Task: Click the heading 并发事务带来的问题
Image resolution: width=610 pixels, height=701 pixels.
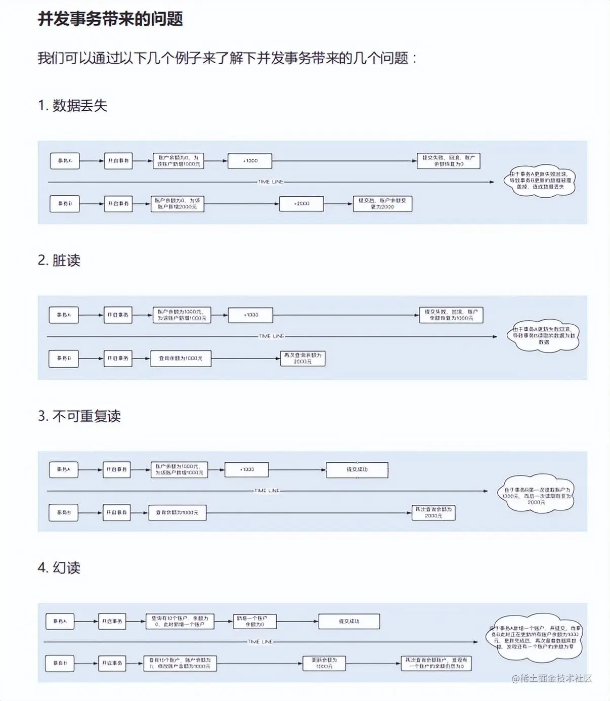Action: [x=110, y=19]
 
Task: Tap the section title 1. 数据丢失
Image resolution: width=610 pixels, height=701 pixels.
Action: [x=72, y=105]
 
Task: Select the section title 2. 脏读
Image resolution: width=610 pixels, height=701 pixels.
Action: [x=59, y=260]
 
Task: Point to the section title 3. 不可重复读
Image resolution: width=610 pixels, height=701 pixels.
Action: [x=79, y=416]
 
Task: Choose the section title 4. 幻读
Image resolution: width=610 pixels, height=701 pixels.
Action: [x=59, y=567]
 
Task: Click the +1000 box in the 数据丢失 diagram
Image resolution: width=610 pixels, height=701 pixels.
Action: [x=250, y=161]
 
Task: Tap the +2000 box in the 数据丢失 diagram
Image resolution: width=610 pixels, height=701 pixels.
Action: [x=301, y=203]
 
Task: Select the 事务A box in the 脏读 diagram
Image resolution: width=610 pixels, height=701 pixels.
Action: [x=64, y=315]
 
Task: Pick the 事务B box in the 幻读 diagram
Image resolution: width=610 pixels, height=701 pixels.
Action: [x=60, y=663]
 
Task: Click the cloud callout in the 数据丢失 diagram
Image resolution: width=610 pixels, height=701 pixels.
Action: [x=540, y=181]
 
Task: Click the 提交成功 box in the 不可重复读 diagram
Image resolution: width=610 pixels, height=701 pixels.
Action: [x=357, y=469]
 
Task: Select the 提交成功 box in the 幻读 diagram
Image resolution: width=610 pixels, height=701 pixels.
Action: [x=349, y=621]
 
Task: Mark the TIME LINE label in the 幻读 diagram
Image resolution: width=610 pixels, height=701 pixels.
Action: [x=260, y=642]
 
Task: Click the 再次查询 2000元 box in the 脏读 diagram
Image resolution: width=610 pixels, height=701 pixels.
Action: [x=302, y=358]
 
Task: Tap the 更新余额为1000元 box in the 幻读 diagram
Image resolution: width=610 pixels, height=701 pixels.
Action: [x=324, y=663]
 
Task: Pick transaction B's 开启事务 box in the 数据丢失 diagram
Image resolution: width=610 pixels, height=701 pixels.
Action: [x=118, y=203]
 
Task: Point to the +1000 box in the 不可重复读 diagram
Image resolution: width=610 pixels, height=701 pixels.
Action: [x=247, y=469]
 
